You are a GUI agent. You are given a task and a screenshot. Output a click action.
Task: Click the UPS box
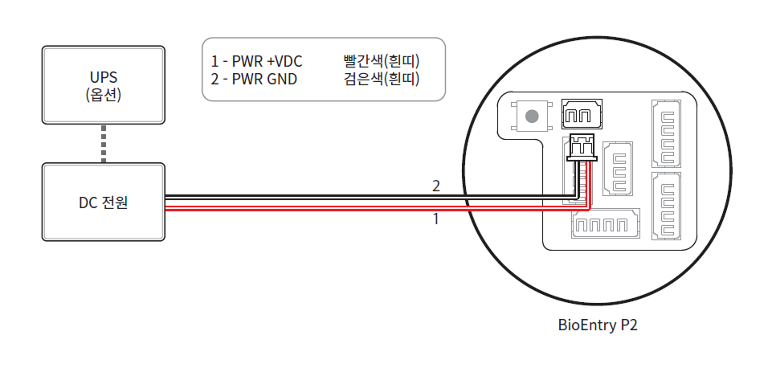(103, 85)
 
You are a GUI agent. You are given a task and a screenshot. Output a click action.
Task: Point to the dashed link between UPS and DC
(103, 144)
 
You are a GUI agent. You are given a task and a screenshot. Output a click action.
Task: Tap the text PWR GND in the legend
(263, 79)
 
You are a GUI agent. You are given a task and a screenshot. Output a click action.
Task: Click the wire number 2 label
(436, 186)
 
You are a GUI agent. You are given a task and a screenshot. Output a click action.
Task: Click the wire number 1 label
(436, 219)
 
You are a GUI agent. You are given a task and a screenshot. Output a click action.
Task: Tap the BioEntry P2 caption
(597, 326)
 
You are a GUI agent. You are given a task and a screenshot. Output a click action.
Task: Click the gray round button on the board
(530, 117)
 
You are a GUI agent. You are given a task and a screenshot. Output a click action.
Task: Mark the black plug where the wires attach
(581, 147)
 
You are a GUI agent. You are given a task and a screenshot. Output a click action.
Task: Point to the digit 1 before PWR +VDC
(214, 61)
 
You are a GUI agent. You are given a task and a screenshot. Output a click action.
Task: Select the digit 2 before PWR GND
(214, 79)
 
